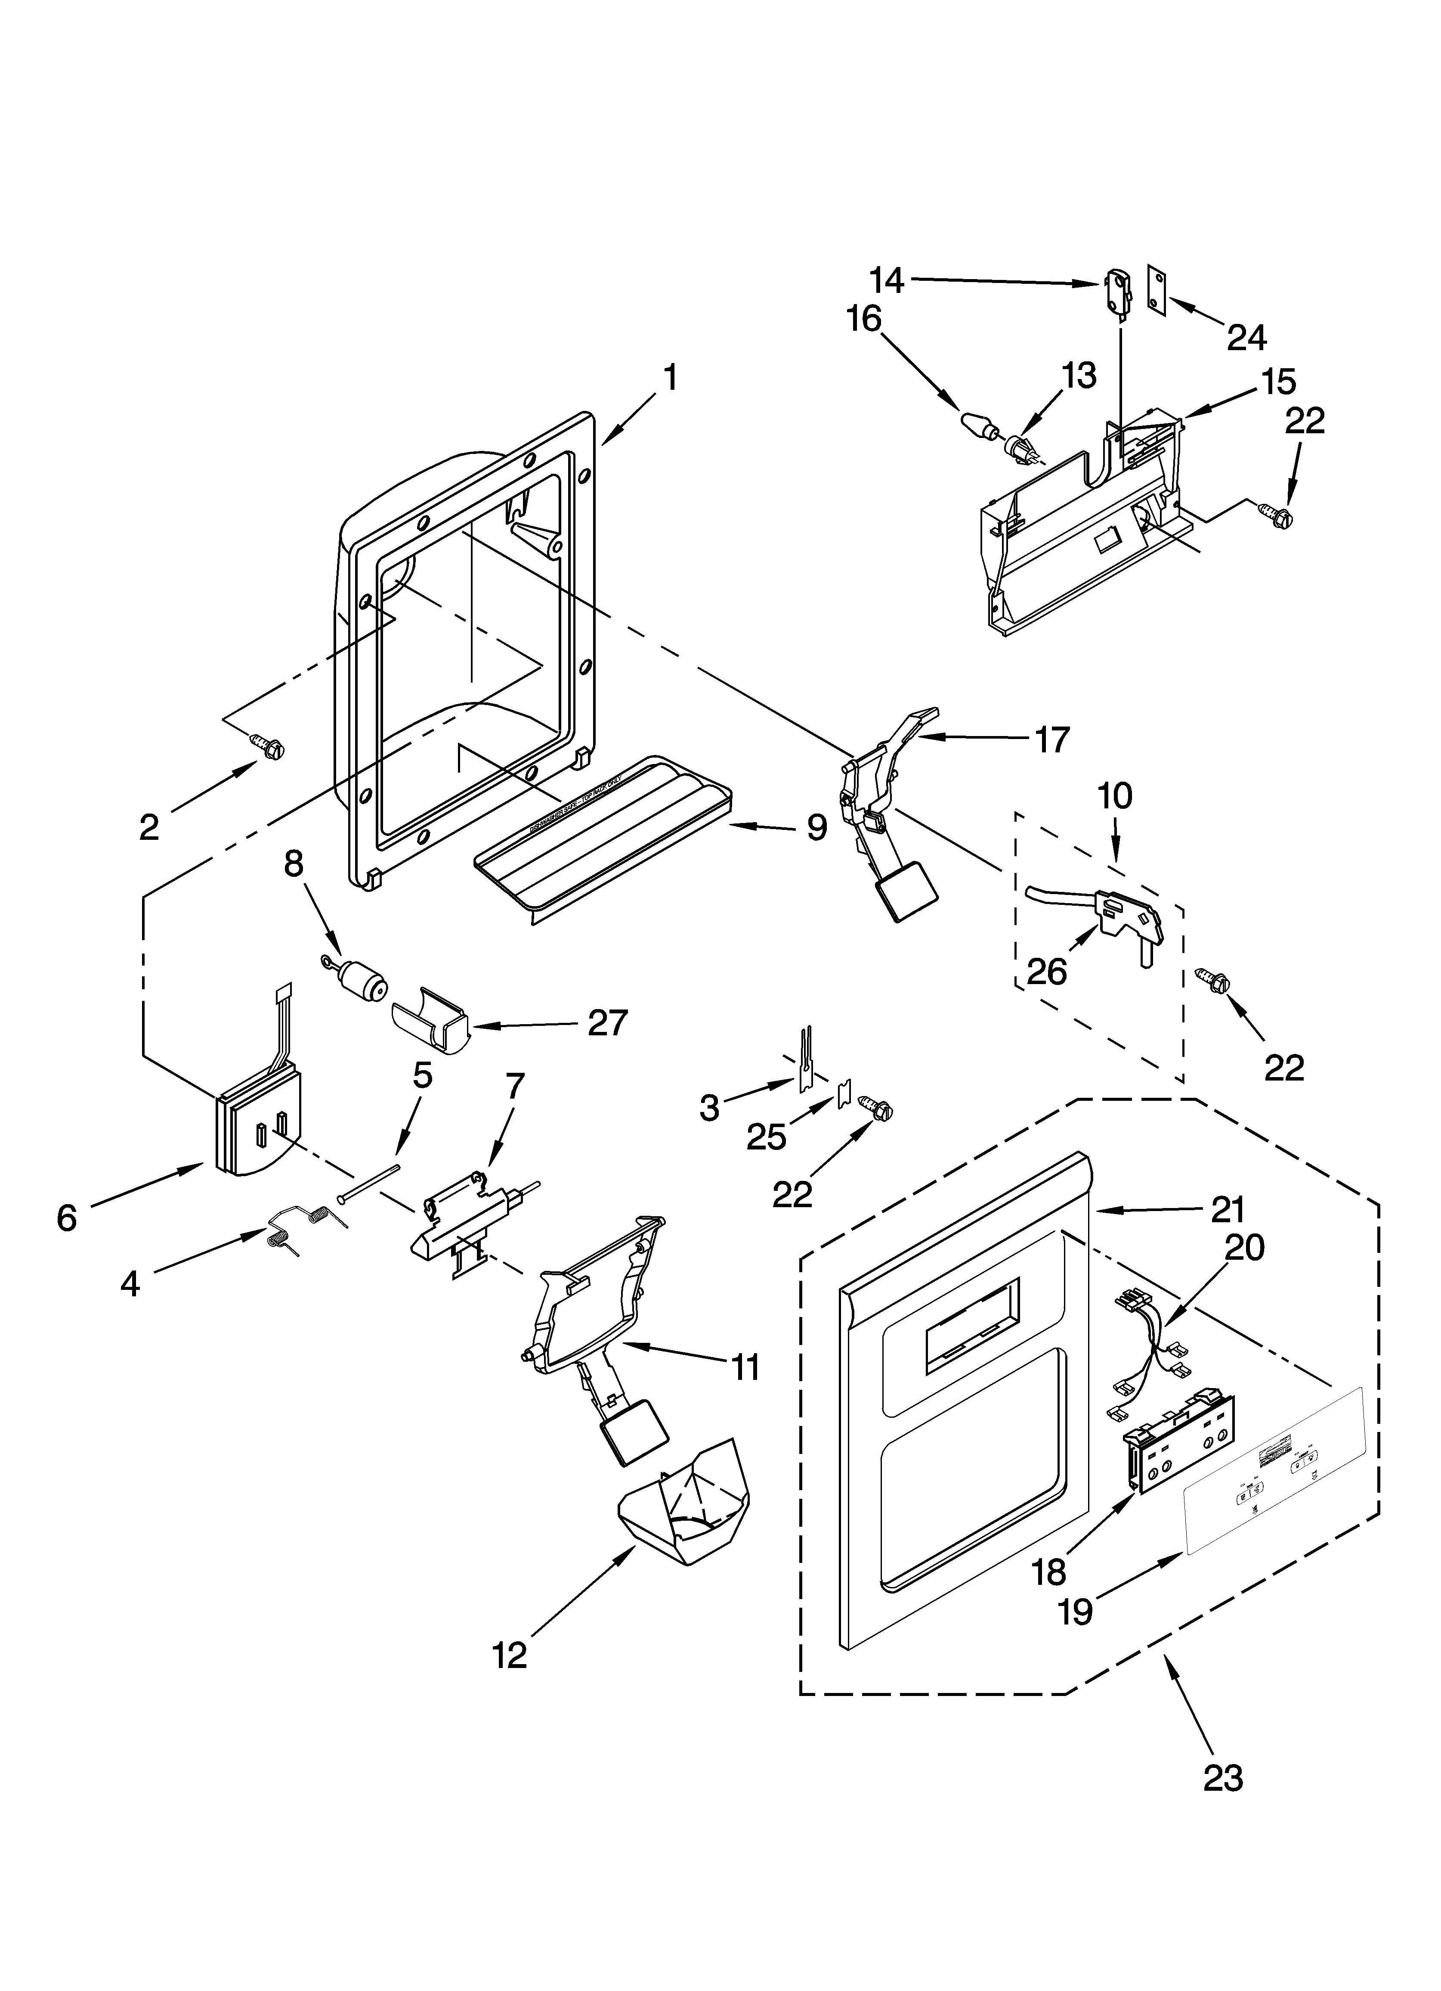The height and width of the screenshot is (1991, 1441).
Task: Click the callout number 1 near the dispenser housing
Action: pos(670,377)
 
